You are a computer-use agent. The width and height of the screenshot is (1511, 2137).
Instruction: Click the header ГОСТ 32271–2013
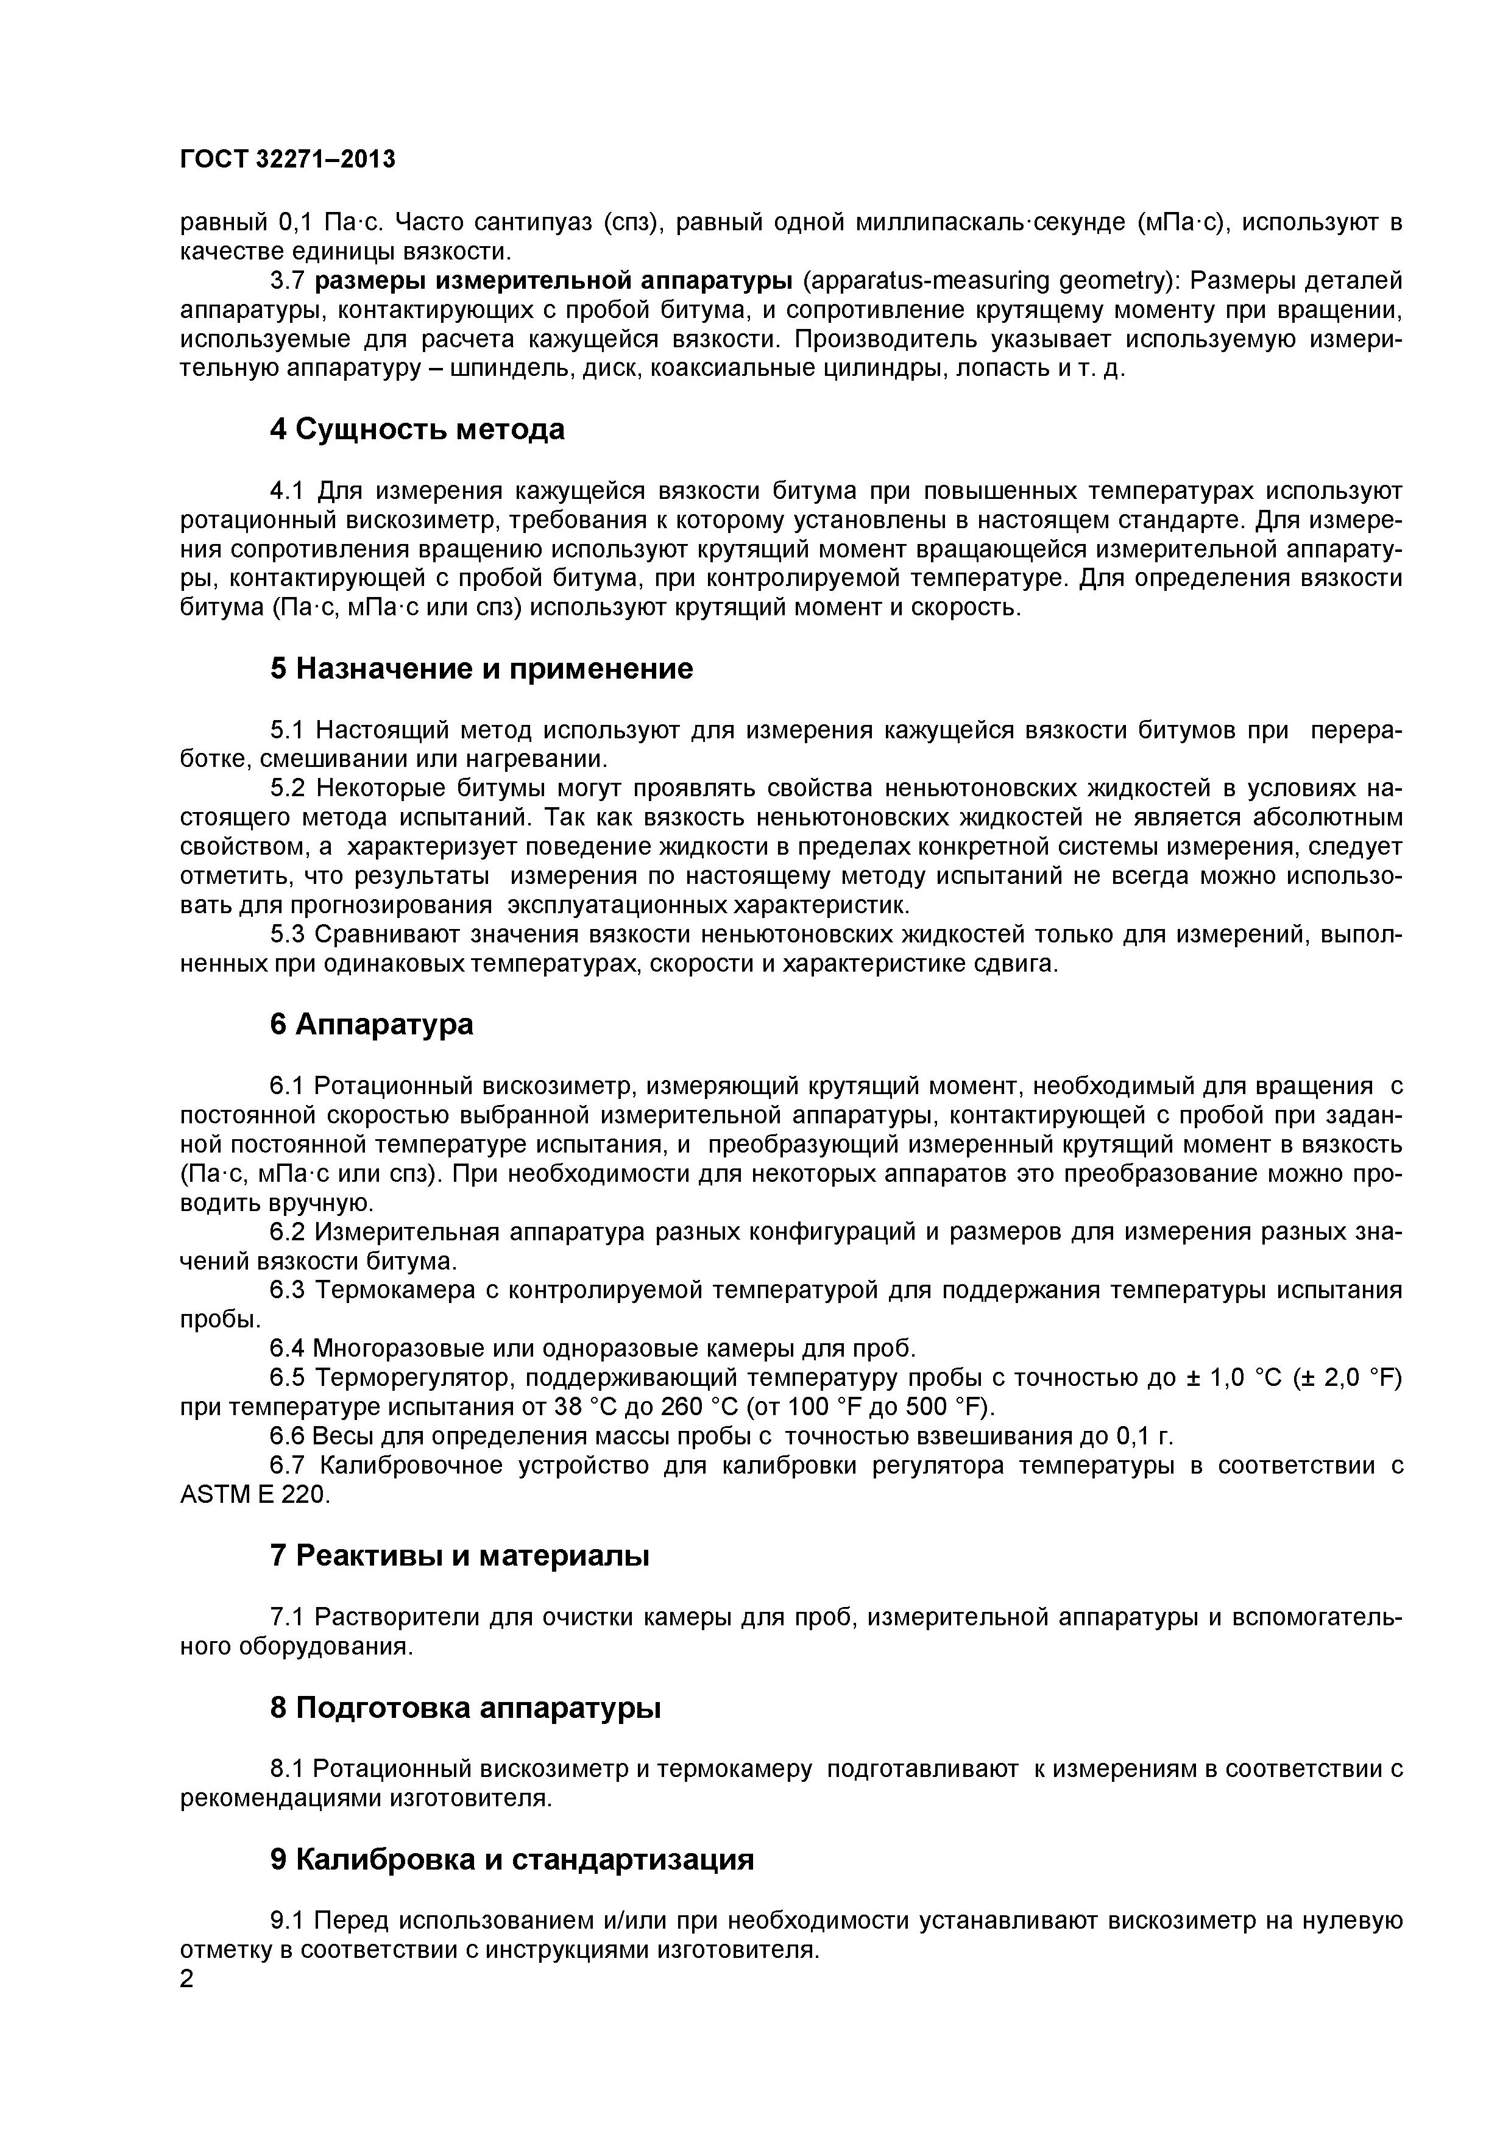[x=287, y=160]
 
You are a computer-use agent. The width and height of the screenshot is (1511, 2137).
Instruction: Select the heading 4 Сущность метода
[x=417, y=430]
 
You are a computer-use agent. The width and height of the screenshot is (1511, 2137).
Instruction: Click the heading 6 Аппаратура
[x=372, y=1024]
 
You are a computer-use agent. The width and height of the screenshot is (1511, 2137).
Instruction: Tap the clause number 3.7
[x=288, y=281]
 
